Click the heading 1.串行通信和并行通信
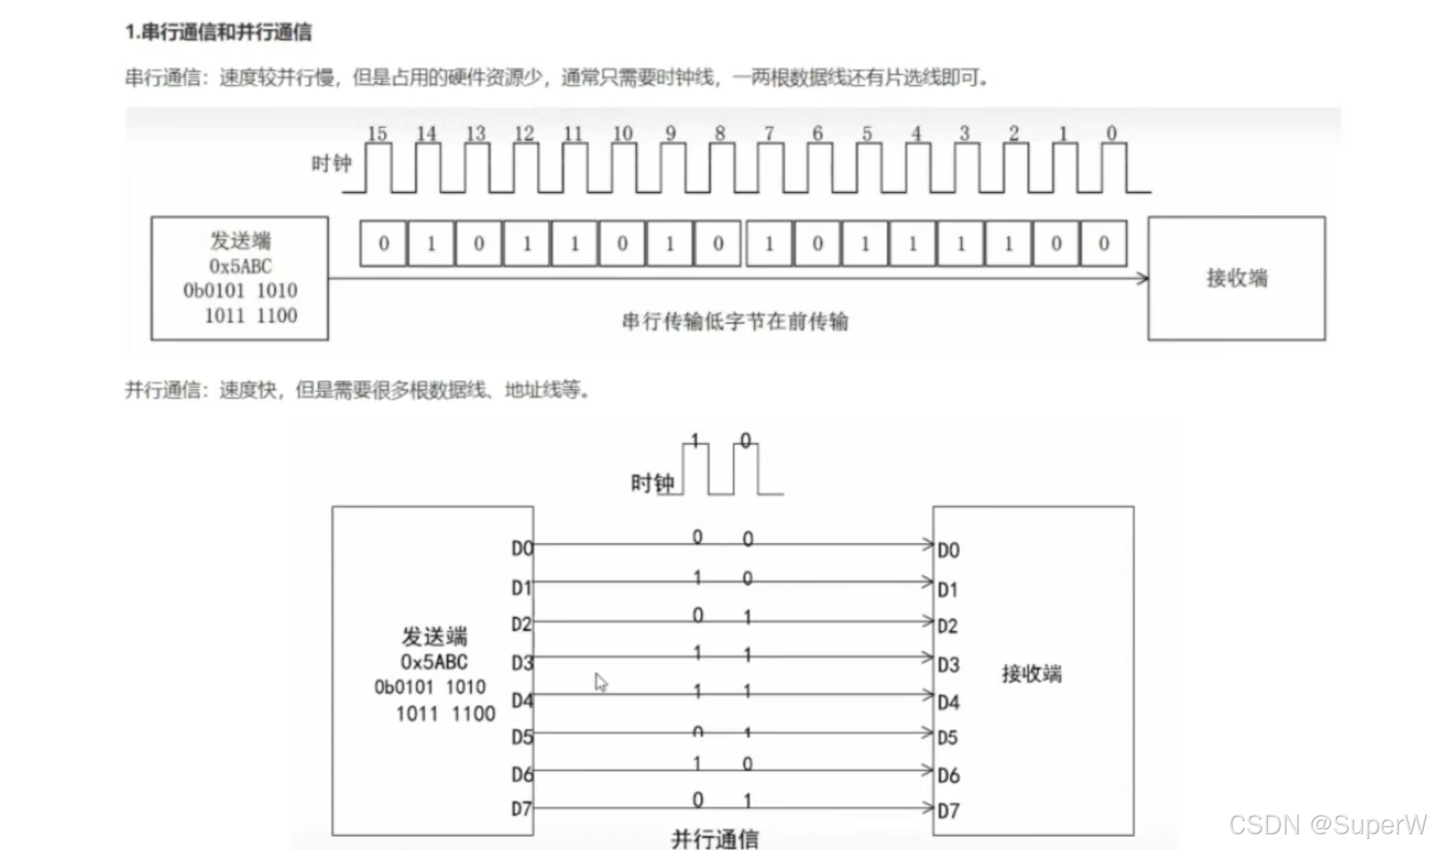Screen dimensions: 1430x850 point(218,32)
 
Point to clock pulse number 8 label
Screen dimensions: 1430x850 point(719,133)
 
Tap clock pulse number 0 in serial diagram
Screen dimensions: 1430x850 point(1111,133)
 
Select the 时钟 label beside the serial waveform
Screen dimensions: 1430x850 point(331,164)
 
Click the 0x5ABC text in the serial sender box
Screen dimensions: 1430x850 point(240,266)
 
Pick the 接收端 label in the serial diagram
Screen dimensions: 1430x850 point(1236,278)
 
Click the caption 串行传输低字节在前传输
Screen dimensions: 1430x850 point(735,321)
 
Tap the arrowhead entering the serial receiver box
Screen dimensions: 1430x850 point(1143,278)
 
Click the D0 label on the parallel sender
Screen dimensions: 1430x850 point(522,548)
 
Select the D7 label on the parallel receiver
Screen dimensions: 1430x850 point(948,811)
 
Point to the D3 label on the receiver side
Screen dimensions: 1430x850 point(948,665)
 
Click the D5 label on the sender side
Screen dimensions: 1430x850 point(522,737)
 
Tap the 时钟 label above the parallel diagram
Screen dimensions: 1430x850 point(652,483)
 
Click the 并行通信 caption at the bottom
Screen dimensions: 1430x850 point(715,839)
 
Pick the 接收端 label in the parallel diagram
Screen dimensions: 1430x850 point(1031,674)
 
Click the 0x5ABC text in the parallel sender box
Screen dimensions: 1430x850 point(434,662)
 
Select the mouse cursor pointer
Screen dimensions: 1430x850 point(600,682)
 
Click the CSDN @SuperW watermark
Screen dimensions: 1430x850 point(1327,824)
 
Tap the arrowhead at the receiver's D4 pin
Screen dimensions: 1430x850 point(928,695)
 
